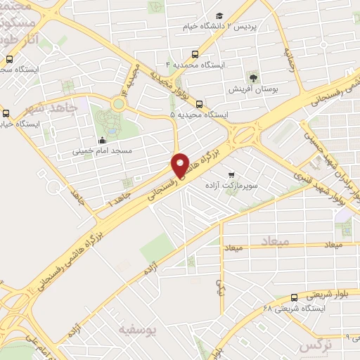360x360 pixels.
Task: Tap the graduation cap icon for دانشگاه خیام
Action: point(219,15)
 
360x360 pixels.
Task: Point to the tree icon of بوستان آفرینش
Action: point(253,77)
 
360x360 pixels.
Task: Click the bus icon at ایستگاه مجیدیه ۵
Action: point(199,103)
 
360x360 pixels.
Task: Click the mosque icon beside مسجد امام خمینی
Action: point(103,139)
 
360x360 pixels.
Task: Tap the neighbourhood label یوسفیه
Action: point(136,328)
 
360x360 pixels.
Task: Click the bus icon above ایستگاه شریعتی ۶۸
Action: point(294,297)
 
